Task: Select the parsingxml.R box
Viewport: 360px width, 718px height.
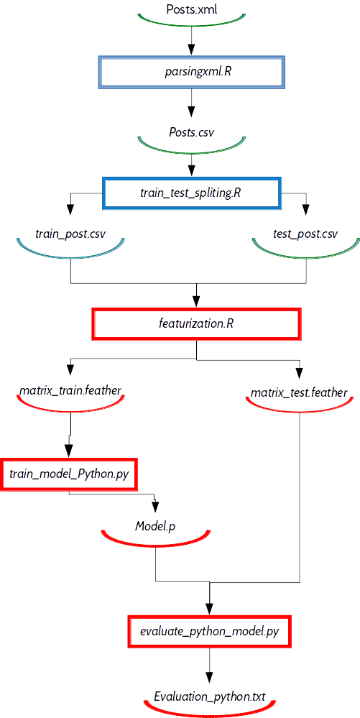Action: click(x=191, y=72)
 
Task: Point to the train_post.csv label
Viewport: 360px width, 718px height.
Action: click(x=70, y=234)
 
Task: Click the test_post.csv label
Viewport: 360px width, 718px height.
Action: click(x=305, y=234)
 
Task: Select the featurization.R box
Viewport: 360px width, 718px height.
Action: click(x=196, y=323)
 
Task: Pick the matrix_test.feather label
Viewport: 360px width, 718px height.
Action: click(x=300, y=393)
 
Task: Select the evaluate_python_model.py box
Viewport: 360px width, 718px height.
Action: click(x=209, y=631)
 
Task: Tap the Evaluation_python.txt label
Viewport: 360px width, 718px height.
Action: click(x=209, y=698)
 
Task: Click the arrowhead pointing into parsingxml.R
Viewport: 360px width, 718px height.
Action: click(x=191, y=48)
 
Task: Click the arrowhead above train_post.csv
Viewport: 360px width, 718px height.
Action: click(x=70, y=209)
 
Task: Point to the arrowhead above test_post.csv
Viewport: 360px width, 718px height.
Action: click(x=305, y=209)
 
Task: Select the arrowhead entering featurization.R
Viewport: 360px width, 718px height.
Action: click(x=196, y=302)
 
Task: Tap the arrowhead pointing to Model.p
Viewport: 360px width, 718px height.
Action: click(x=156, y=506)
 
